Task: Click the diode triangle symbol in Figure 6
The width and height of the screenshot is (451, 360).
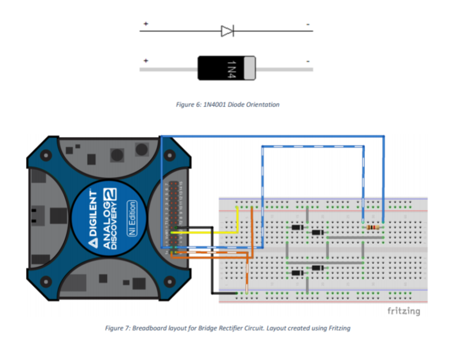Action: tap(227, 30)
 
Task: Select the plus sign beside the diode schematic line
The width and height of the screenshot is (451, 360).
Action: tap(145, 24)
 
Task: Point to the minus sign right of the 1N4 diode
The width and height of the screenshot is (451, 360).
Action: tap(308, 60)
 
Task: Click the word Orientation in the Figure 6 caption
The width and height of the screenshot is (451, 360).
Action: tap(264, 104)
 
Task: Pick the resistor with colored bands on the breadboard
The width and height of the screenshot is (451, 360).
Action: tap(373, 227)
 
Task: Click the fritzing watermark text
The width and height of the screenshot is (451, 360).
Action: tap(404, 311)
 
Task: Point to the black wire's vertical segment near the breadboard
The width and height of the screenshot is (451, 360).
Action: tap(213, 260)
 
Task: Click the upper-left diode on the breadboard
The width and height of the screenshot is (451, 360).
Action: tap(297, 227)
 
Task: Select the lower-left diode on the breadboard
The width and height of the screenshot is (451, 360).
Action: tap(297, 273)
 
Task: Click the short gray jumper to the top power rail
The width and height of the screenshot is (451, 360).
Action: tap(307, 214)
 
